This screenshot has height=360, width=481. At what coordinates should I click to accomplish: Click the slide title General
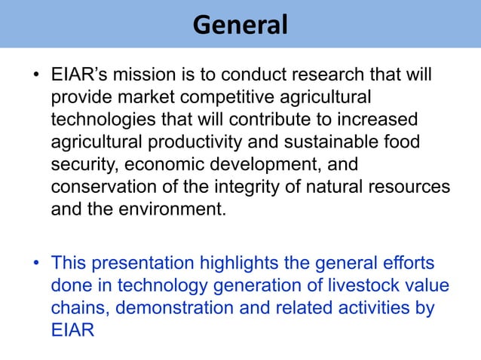pyautogui.click(x=240, y=25)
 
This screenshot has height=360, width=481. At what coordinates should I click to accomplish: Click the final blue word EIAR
pyautogui.click(x=72, y=331)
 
